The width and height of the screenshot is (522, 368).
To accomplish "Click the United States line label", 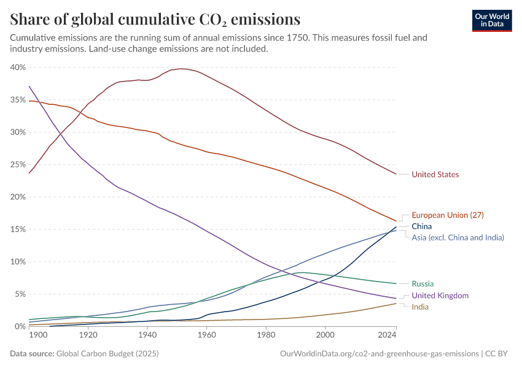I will coord(435,174).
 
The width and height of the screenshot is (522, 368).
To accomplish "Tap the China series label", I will coord(421,226).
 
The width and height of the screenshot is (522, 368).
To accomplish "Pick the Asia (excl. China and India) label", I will coord(458,237).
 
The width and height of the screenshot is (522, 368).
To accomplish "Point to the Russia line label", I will coord(423,283).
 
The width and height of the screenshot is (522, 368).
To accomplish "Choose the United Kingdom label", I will coord(440,296).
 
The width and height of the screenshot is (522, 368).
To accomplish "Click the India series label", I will coord(420,307).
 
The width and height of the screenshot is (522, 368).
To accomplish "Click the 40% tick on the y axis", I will coord(17,67).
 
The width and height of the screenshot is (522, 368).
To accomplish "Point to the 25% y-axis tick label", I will coord(17,164).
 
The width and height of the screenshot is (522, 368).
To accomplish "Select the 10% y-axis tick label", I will coord(17,261).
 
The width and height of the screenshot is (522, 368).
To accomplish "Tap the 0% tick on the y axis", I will coord(20,326).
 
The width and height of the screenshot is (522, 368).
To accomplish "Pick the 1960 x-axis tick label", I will coord(206,335).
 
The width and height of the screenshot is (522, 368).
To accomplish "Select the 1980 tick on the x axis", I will coord(265,335).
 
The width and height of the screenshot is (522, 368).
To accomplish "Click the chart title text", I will coord(155,19).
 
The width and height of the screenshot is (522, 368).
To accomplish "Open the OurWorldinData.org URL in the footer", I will coord(379,354).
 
